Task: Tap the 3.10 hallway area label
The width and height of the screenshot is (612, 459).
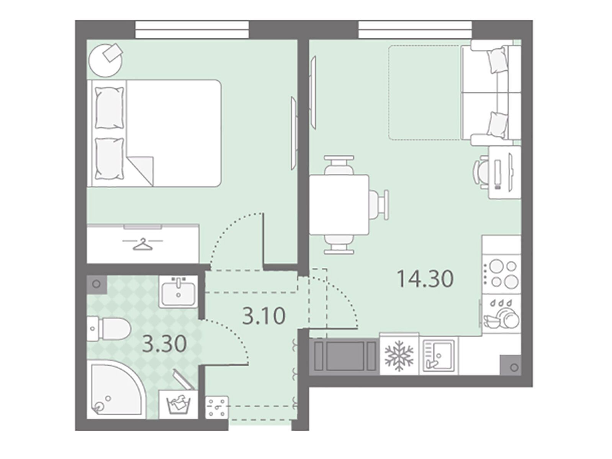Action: tap(264, 316)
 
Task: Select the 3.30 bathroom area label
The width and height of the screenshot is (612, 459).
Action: tap(164, 344)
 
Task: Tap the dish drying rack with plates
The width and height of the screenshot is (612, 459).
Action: tap(502, 314)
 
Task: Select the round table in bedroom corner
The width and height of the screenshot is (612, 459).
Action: tap(105, 60)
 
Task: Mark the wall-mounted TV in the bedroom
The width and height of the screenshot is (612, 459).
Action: tap(293, 133)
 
